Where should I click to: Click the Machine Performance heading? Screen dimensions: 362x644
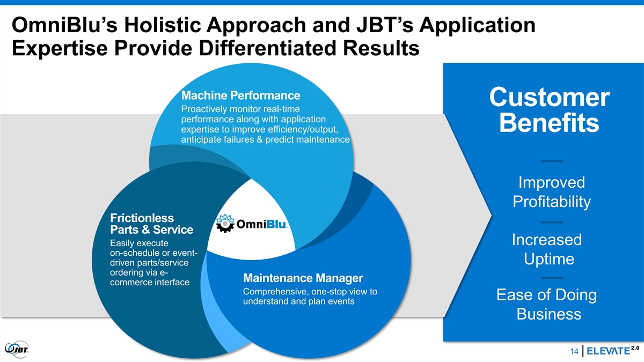(x=241, y=96)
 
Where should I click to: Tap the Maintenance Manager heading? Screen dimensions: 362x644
(x=303, y=278)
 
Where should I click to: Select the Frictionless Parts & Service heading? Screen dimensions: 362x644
(x=151, y=224)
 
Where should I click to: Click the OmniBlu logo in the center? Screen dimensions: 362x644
(x=253, y=224)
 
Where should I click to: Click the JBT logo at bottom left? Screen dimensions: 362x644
(x=17, y=348)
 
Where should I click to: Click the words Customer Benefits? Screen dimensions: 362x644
(x=549, y=110)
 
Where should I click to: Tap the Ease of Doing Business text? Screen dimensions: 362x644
(x=548, y=304)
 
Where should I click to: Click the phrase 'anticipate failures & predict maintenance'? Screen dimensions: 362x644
(x=266, y=141)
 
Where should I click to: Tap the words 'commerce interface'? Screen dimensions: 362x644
(x=149, y=283)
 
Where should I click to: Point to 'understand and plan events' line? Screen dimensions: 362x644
(x=298, y=302)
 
